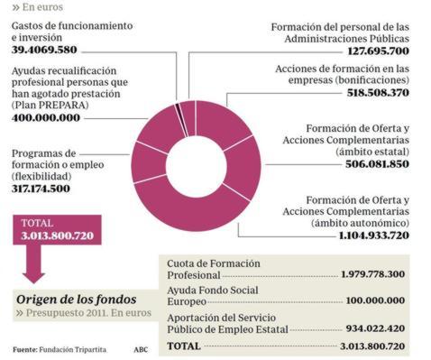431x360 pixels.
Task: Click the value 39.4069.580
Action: tap(55, 50)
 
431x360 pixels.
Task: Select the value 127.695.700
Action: tap(371, 51)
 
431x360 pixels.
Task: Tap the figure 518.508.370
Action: tap(371, 92)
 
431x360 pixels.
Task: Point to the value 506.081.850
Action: tap(371, 164)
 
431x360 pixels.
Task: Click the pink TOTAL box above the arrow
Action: tap(57, 229)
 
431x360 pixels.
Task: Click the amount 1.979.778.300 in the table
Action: tap(372, 273)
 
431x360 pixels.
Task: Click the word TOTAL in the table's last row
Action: tap(184, 345)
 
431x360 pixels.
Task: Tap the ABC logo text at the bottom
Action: tap(141, 348)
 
